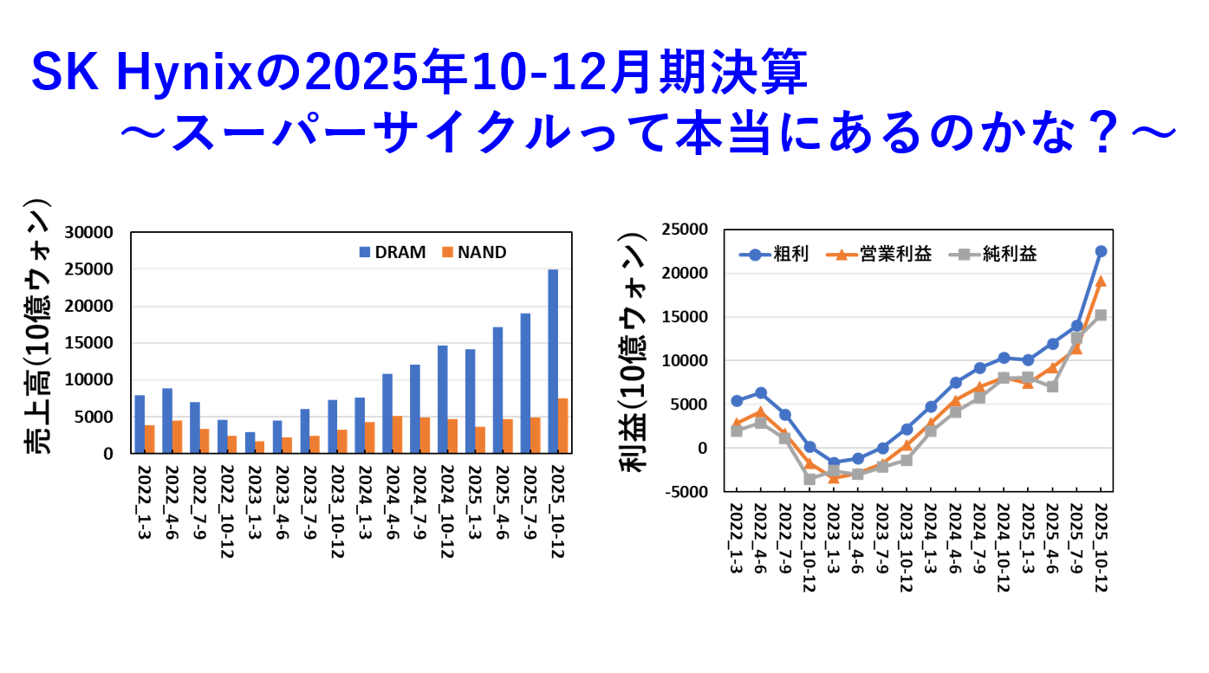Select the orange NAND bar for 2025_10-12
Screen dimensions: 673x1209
point(562,425)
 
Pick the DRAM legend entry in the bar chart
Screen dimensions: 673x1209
point(393,253)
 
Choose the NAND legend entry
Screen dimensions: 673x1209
point(474,253)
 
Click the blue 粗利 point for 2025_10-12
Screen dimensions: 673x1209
point(1101,251)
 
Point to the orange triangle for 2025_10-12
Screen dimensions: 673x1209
point(1101,281)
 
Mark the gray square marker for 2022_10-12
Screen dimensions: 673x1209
point(809,478)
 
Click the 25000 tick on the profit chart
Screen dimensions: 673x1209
point(686,230)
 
